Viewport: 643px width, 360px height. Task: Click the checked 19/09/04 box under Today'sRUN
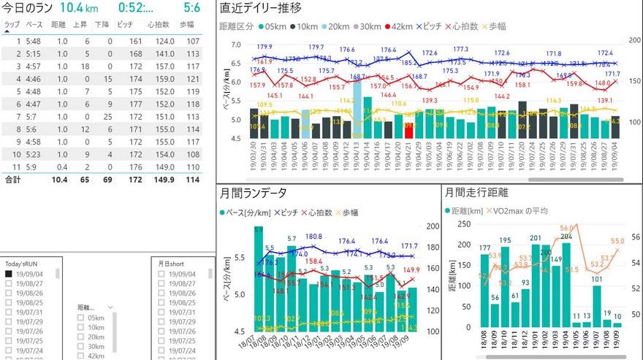(x=9, y=274)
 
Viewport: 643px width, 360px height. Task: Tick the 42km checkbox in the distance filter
(x=81, y=356)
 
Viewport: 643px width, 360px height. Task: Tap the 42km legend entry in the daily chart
(x=398, y=26)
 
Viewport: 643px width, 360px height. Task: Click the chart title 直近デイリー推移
(x=260, y=9)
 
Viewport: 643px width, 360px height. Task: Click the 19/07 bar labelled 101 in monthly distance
(x=596, y=306)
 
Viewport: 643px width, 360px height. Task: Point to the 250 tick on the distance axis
(x=465, y=225)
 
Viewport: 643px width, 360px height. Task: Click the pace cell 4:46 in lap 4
(x=34, y=78)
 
